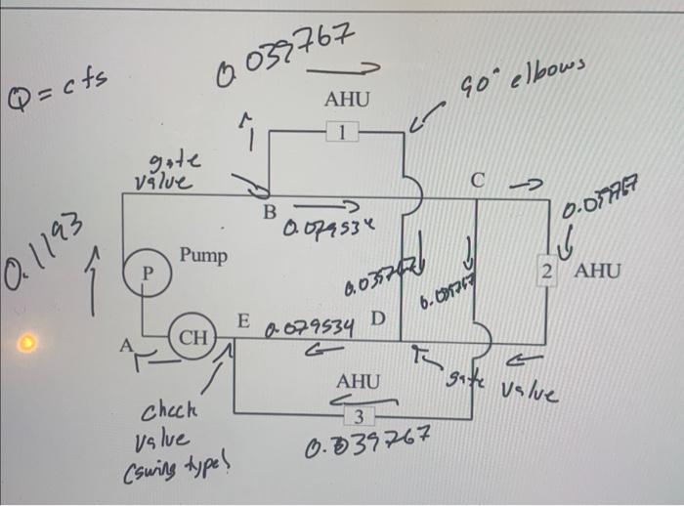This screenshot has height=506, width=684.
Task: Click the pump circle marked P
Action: (x=144, y=270)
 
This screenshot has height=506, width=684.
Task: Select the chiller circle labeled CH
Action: (x=192, y=338)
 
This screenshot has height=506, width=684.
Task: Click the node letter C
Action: (x=476, y=180)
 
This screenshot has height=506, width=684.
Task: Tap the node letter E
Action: (x=244, y=322)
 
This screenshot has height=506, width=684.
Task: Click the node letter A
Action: (x=125, y=344)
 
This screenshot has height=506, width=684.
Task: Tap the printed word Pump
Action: (x=203, y=256)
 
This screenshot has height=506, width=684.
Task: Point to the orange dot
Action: (x=29, y=343)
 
